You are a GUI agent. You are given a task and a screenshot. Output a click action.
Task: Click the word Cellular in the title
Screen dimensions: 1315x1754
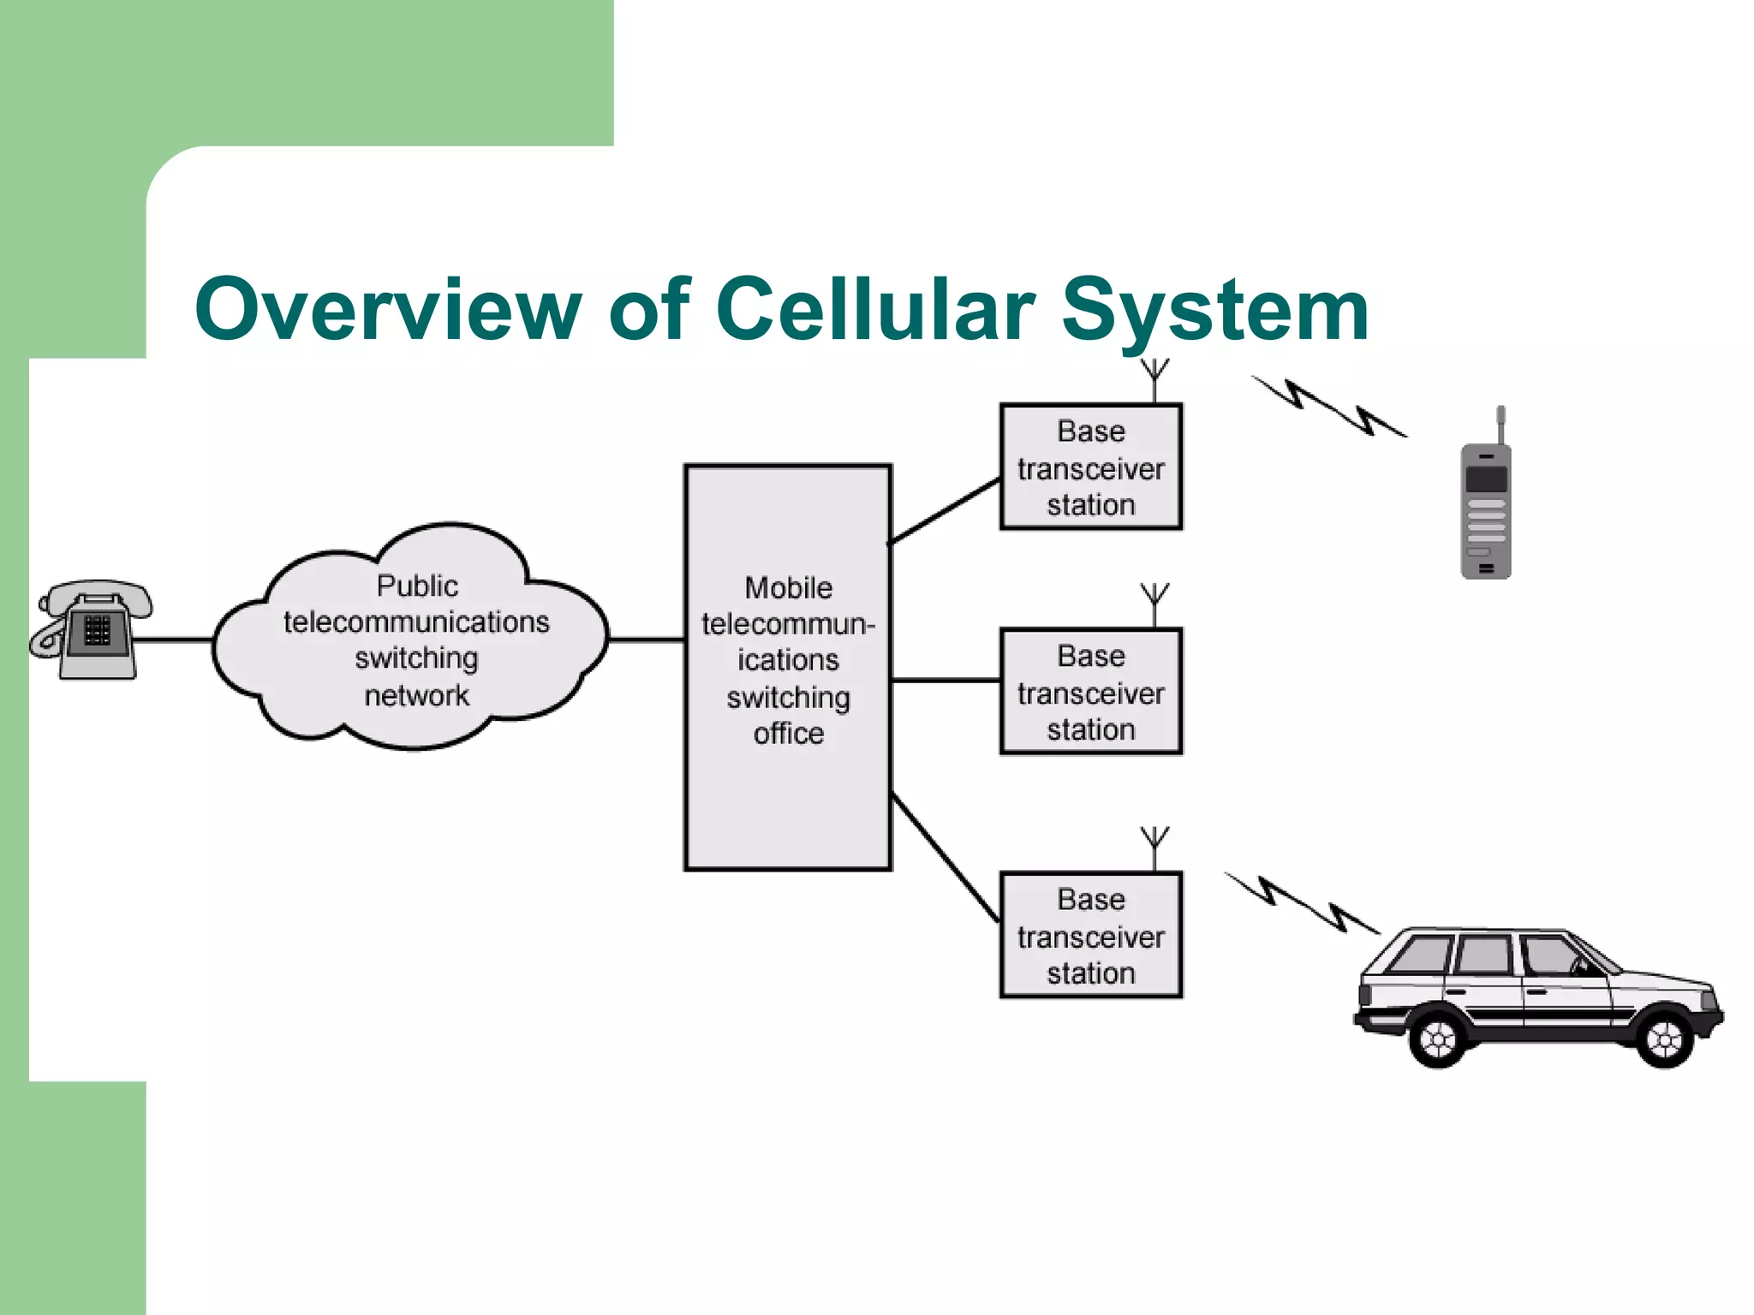coord(875,310)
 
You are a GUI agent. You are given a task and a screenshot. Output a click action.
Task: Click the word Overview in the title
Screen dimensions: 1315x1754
coord(387,310)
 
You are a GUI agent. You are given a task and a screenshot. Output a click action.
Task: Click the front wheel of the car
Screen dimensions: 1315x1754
coord(1664,1039)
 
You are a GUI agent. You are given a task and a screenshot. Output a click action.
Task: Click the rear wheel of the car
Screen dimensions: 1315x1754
coord(1438,1039)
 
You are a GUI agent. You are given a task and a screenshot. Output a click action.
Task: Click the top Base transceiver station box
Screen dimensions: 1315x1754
coord(1091,467)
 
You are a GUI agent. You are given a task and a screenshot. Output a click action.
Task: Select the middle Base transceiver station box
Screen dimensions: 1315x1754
coord(1091,692)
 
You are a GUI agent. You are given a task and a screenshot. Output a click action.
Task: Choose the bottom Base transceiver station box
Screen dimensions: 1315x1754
coord(1091,935)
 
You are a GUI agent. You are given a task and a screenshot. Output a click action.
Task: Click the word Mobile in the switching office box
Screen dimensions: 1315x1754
coord(788,588)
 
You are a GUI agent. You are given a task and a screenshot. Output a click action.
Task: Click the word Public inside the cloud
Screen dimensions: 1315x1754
coord(417,586)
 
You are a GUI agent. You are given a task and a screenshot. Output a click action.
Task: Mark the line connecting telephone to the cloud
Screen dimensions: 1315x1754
coord(174,640)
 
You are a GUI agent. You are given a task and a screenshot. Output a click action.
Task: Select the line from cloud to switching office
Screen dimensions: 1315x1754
coord(647,640)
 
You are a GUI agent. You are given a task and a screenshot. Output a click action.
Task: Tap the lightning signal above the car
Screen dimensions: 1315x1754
coord(1302,904)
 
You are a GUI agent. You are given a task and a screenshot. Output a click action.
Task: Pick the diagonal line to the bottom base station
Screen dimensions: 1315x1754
coord(946,858)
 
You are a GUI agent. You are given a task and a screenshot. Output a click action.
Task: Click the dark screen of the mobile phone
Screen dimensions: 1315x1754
coord(1486,478)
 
